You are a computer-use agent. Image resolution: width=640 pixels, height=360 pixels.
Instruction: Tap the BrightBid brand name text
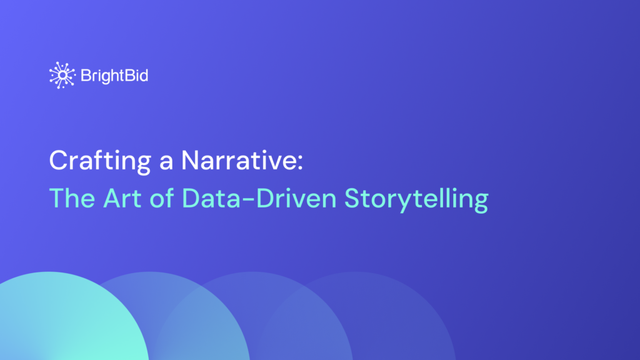(x=114, y=76)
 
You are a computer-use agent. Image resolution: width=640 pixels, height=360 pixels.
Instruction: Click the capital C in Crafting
(x=58, y=161)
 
